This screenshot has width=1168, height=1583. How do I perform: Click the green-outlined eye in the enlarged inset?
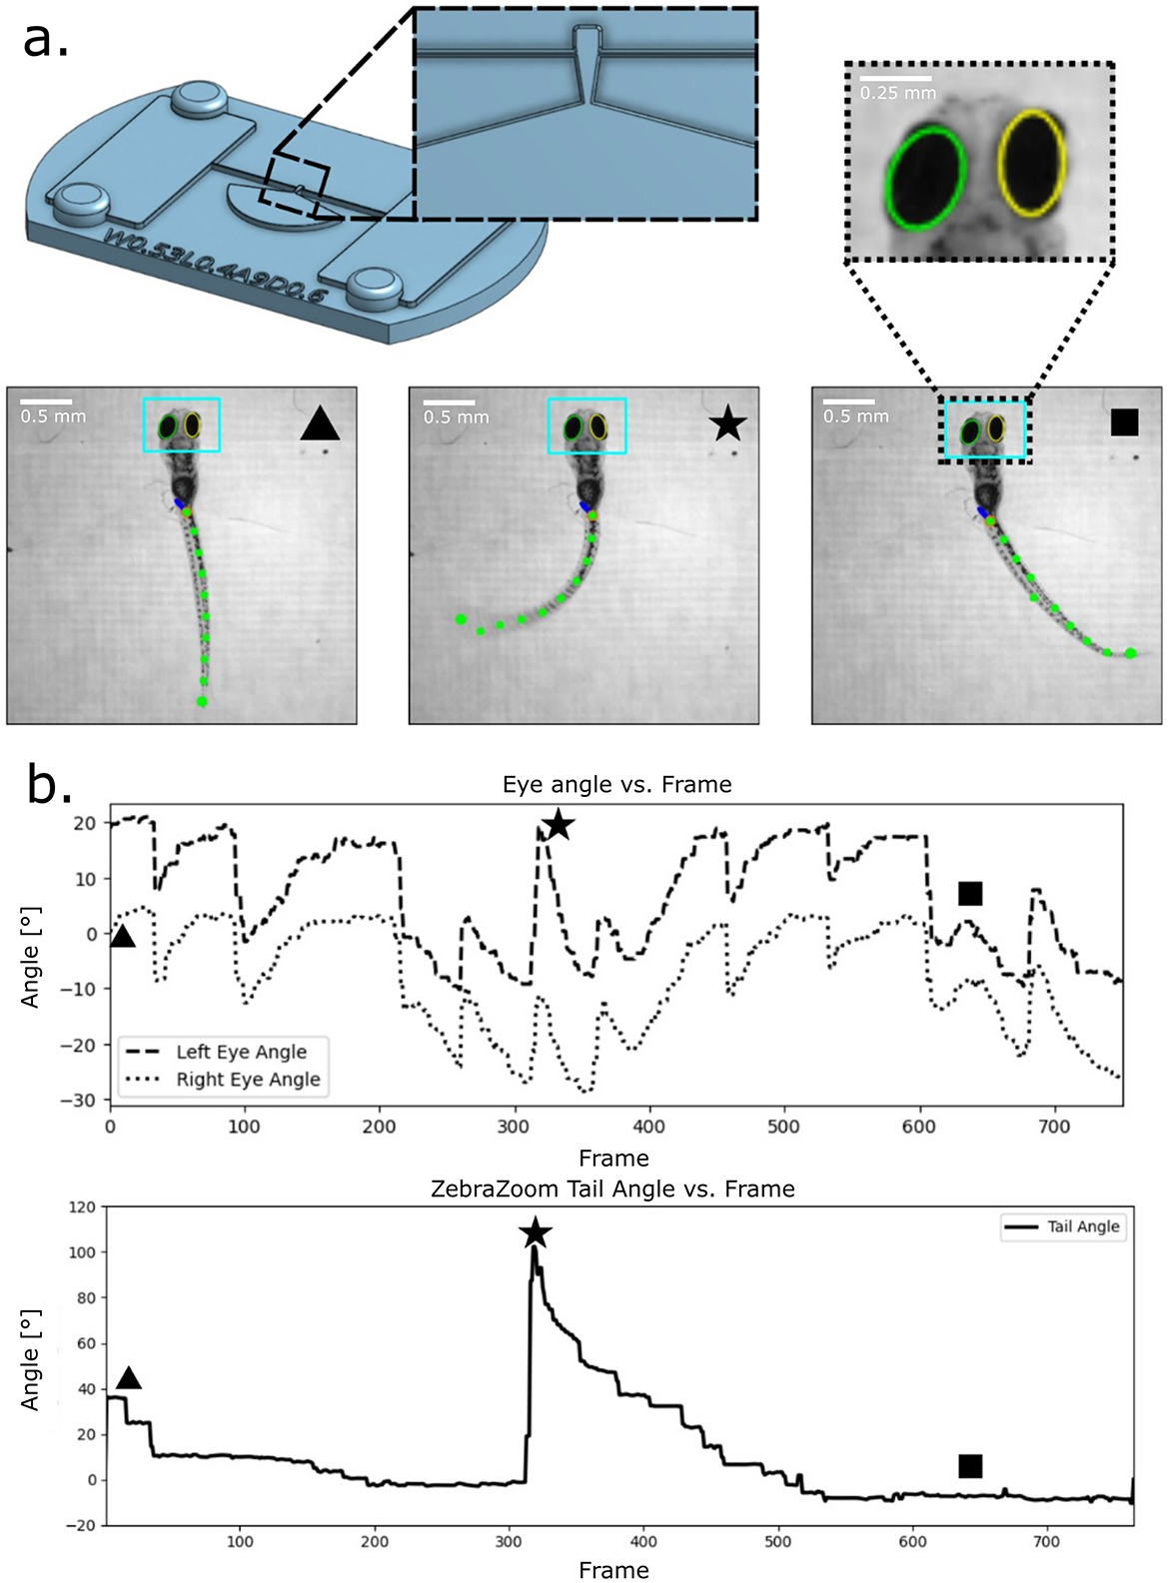tap(926, 179)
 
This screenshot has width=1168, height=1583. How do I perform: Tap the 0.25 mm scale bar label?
tap(898, 93)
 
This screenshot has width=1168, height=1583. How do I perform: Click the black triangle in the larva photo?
tap(321, 423)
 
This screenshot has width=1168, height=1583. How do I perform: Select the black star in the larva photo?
tap(727, 424)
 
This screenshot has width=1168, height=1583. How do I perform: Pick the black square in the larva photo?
tap(1124, 422)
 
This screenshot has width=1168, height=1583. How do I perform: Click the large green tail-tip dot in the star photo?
tap(461, 620)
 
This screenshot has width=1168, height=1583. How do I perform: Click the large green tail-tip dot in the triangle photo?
tap(203, 702)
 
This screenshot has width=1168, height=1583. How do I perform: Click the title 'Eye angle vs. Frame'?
tap(616, 785)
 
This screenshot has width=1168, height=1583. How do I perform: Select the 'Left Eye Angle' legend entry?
tap(241, 1052)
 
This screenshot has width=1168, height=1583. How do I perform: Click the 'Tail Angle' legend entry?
tap(1083, 1226)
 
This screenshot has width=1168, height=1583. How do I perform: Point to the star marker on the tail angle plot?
tap(536, 1232)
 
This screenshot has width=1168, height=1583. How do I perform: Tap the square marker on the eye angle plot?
tap(969, 894)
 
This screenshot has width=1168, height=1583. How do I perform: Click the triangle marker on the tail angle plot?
tap(129, 1379)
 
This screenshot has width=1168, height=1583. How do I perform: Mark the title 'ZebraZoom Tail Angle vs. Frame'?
tap(612, 1189)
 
